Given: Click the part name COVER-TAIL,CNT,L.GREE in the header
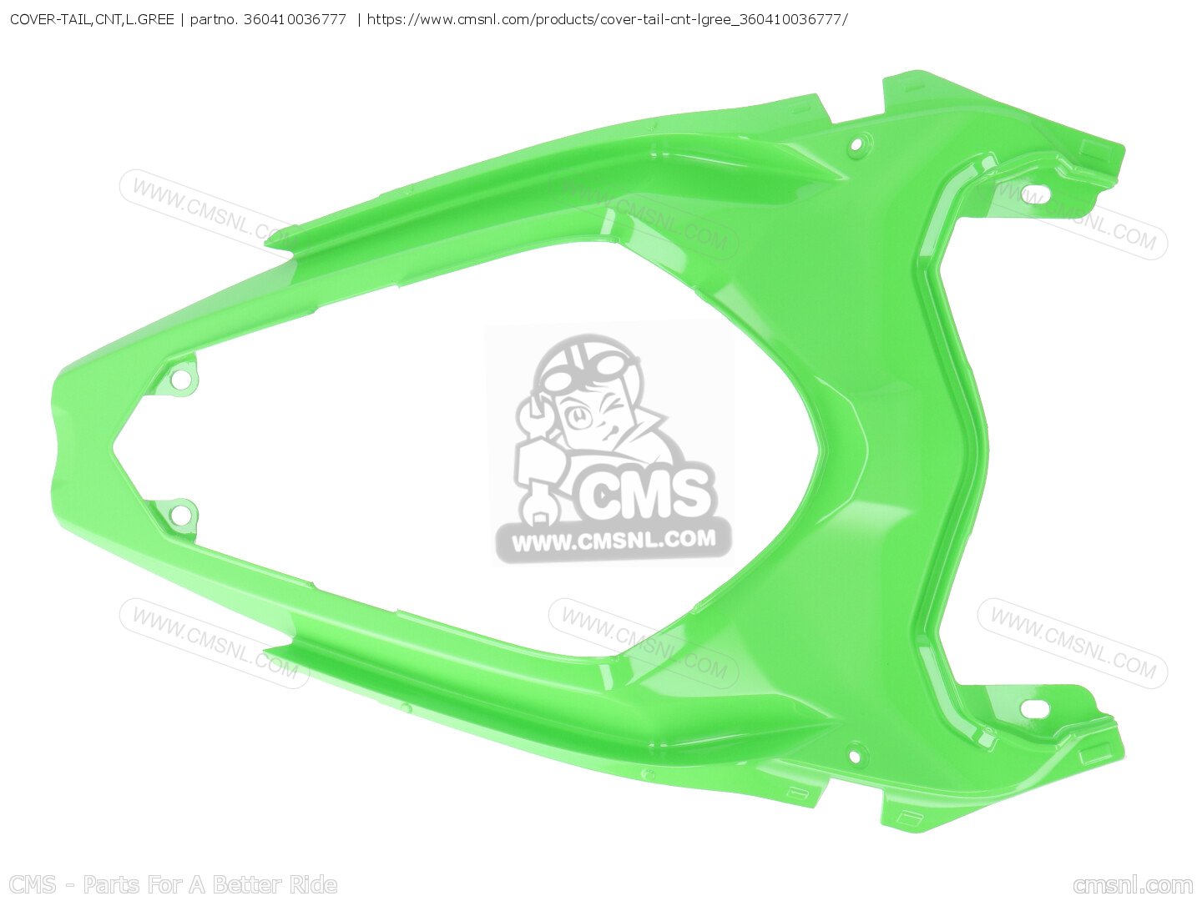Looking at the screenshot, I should click(x=92, y=18).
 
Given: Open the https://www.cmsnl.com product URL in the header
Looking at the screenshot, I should click(x=607, y=18).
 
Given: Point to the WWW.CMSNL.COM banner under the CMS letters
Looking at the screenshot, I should click(x=614, y=541).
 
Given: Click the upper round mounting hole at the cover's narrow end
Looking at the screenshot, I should click(x=177, y=380).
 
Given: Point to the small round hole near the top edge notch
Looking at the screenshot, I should click(x=855, y=146).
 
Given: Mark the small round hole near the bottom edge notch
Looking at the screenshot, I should click(x=854, y=758).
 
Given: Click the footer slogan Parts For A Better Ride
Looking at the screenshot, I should click(x=210, y=884).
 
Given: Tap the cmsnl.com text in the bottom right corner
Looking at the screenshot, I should click(x=1133, y=884).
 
